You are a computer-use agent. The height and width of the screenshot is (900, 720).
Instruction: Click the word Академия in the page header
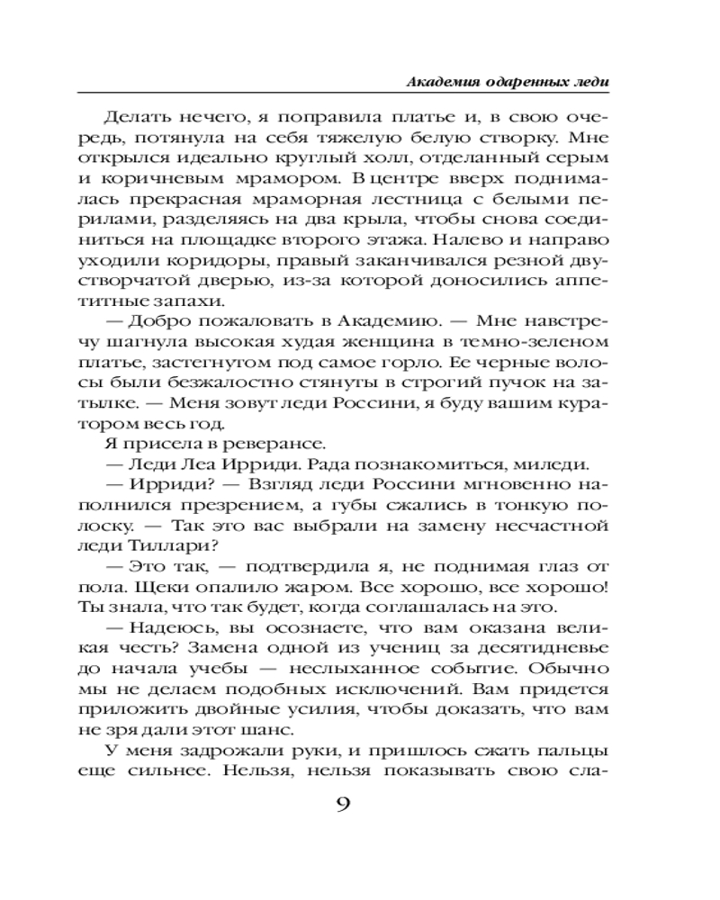[x=437, y=81]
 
